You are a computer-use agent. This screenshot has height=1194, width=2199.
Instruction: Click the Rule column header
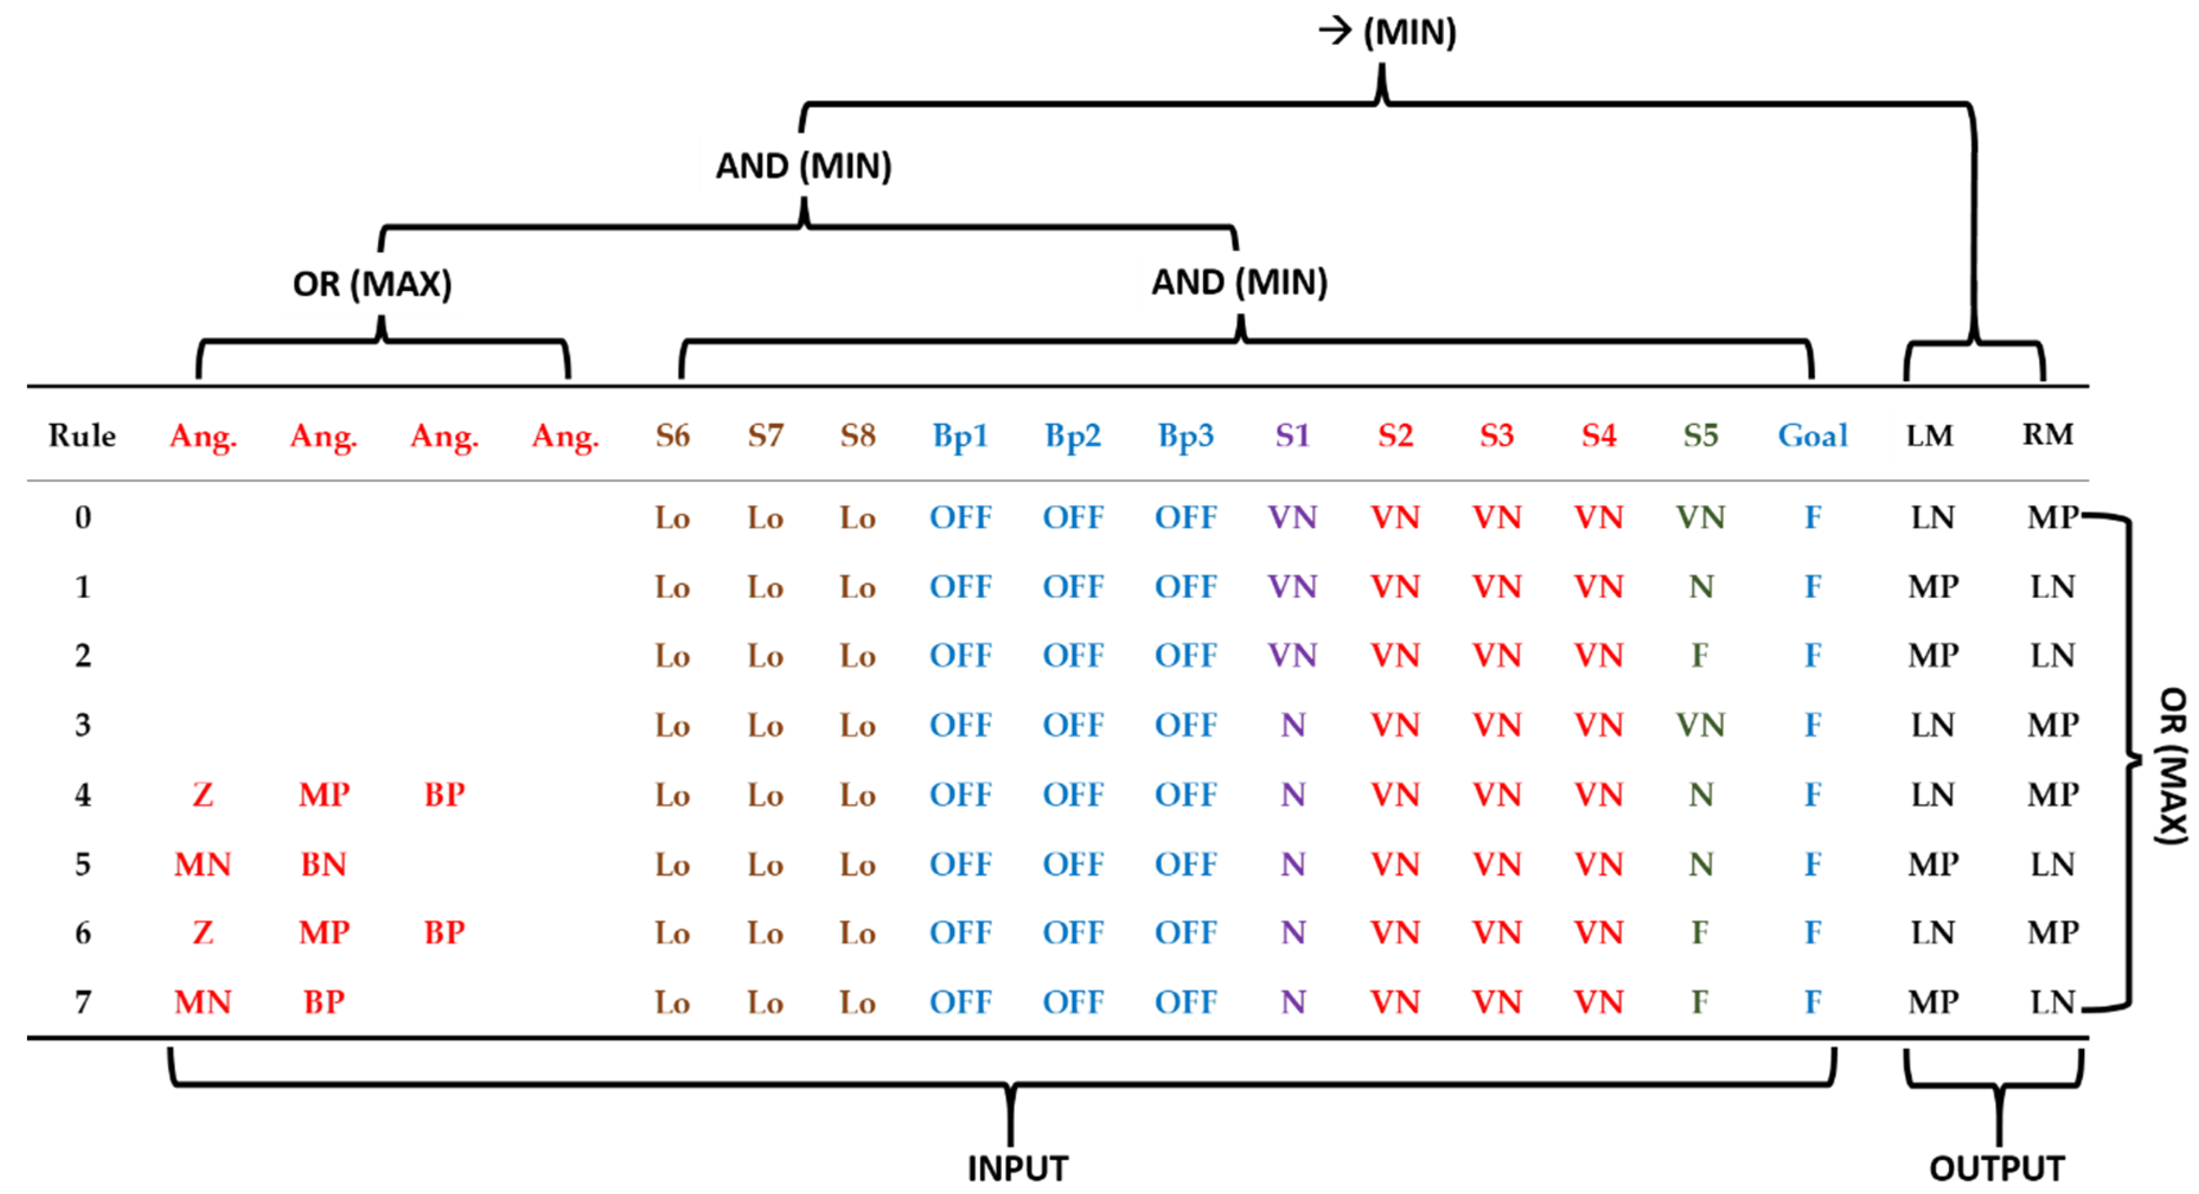(82, 436)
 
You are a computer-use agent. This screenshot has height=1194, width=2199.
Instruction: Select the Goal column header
(1813, 436)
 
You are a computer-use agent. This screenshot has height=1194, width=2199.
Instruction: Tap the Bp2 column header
(1073, 436)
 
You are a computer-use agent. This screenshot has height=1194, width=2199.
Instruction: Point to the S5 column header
(1701, 436)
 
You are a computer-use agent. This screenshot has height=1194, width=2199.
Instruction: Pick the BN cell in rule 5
(324, 865)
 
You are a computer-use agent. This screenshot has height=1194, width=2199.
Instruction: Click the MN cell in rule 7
(202, 1002)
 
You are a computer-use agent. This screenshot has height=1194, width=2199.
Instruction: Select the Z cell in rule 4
(202, 795)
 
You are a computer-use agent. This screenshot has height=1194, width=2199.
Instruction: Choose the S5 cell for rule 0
(1701, 517)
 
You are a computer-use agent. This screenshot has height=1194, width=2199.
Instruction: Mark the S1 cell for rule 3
(1292, 725)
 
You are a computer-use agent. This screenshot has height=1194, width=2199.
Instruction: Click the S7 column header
(765, 436)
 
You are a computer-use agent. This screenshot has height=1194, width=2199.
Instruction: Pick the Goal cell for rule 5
(1813, 865)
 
